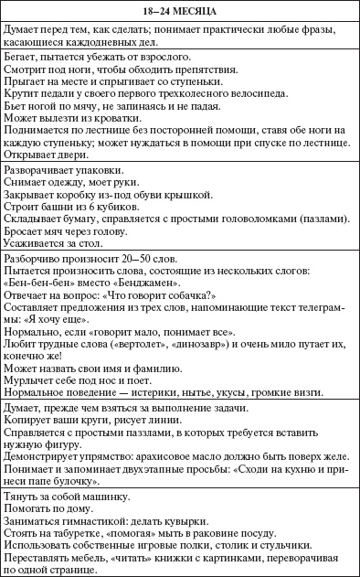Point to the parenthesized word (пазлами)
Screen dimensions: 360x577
click(x=324, y=219)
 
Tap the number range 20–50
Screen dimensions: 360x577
click(x=144, y=257)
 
